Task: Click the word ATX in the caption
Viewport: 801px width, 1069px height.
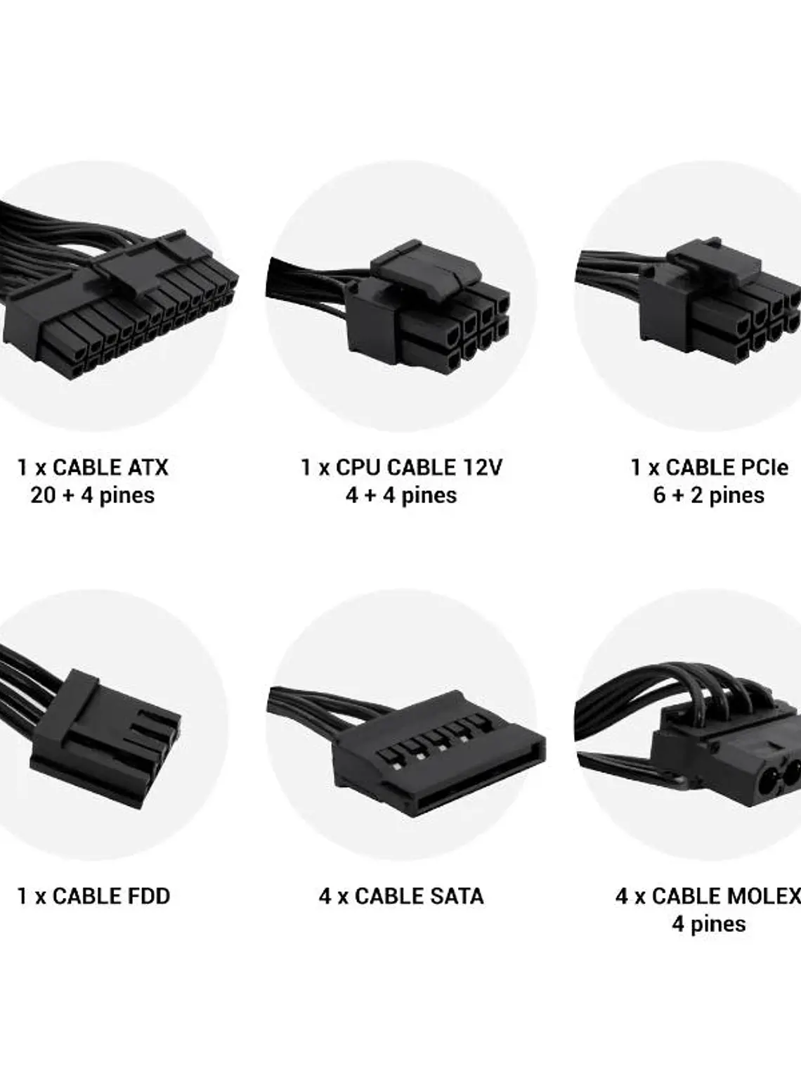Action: pyautogui.click(x=148, y=468)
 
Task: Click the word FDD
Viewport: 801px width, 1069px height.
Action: pyautogui.click(x=148, y=896)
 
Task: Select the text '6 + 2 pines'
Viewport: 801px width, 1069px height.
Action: pyautogui.click(x=708, y=495)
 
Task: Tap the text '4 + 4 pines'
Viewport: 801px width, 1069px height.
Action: pyautogui.click(x=401, y=495)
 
